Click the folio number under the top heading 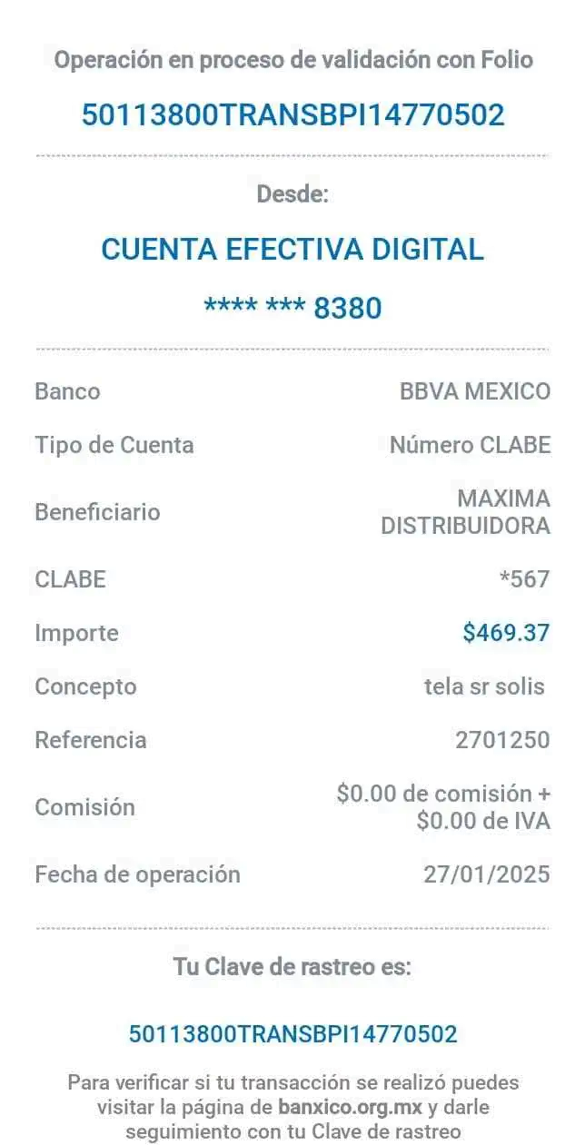(x=292, y=115)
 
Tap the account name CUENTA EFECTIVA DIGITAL (x=292, y=250)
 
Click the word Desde (x=292, y=194)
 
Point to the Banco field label (x=67, y=392)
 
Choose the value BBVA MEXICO (x=474, y=392)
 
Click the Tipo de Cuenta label (x=114, y=446)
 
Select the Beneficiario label (x=97, y=512)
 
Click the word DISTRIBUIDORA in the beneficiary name (x=465, y=526)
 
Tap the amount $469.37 (x=506, y=633)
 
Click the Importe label (x=77, y=633)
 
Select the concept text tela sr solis (x=484, y=686)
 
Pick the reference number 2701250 (x=502, y=740)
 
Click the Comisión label (x=84, y=807)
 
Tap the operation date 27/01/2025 (x=487, y=874)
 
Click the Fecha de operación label (x=137, y=874)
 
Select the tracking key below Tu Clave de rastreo (x=292, y=1033)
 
